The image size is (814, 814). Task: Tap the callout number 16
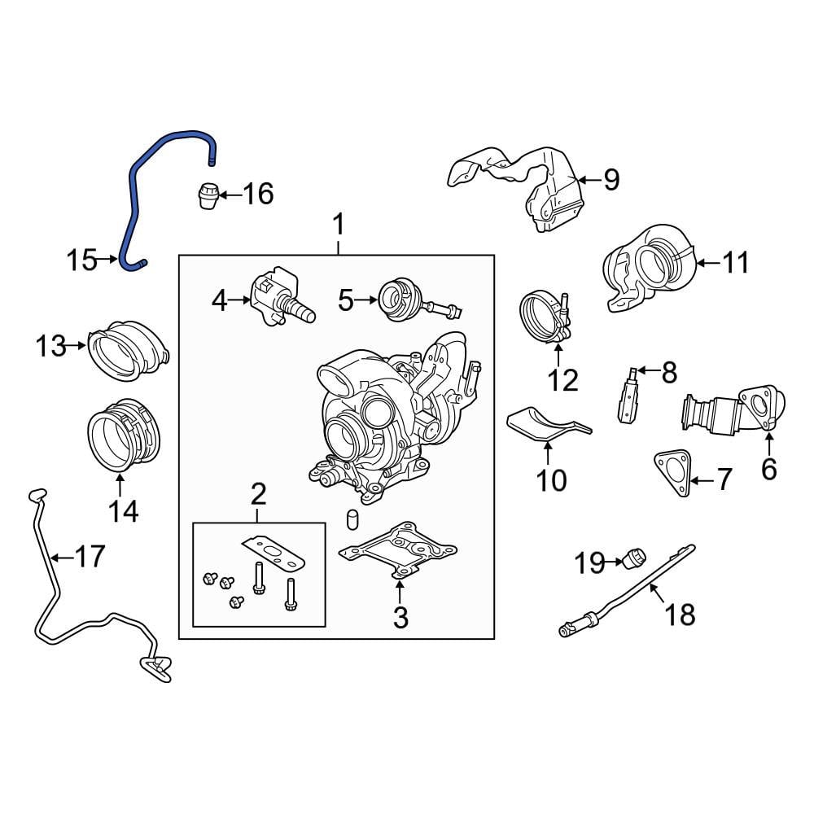258,195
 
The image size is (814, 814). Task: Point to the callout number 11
736,263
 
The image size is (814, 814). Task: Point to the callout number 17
90,557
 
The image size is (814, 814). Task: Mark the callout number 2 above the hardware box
258,493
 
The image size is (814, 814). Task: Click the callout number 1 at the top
339,225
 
